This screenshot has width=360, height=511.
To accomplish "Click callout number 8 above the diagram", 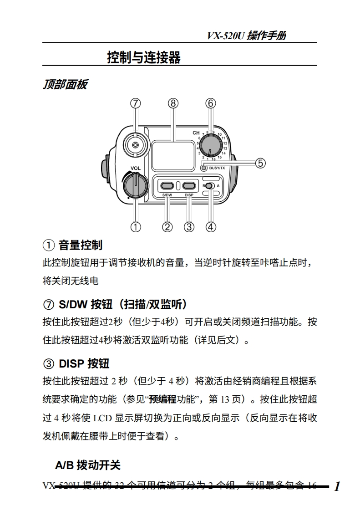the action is pyautogui.click(x=173, y=103).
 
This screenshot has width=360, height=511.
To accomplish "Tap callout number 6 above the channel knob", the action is pyautogui.click(x=210, y=103).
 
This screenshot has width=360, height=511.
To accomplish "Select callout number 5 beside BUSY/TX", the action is pyautogui.click(x=260, y=163).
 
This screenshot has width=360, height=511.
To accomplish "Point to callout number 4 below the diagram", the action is pyautogui.click(x=211, y=226).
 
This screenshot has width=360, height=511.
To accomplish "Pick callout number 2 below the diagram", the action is pyautogui.click(x=167, y=226).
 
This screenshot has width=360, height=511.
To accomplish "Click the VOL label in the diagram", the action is pyautogui.click(x=136, y=168).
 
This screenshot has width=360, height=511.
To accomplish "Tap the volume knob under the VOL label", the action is pyautogui.click(x=135, y=186).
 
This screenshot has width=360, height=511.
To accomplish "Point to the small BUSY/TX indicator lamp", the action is pyautogui.click(x=204, y=168).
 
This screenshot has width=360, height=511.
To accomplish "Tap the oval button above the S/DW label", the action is pyautogui.click(x=167, y=185).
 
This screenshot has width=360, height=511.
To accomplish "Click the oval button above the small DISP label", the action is pyautogui.click(x=189, y=185).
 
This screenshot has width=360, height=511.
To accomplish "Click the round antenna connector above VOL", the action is pyautogui.click(x=135, y=145).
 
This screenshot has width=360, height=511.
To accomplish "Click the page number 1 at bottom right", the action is pyautogui.click(x=337, y=486).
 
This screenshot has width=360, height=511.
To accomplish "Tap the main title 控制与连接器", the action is pyautogui.click(x=144, y=58).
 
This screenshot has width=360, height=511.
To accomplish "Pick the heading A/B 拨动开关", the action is pyautogui.click(x=88, y=465).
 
